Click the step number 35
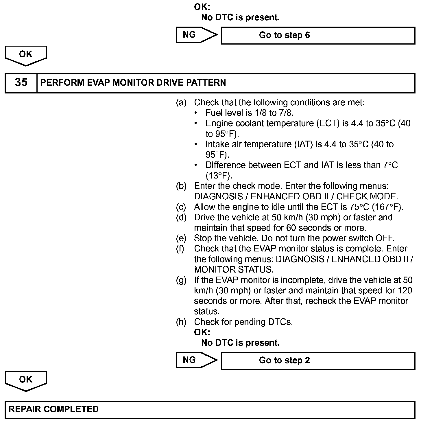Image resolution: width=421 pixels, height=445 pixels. (x=21, y=83)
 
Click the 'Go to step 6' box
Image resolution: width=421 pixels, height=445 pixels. (x=318, y=35)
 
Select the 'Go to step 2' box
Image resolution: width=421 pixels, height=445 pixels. (x=318, y=361)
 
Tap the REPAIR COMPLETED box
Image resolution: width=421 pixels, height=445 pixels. (x=210, y=409)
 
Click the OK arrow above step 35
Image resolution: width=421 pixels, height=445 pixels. (x=26, y=55)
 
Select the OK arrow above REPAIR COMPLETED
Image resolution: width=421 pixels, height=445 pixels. (x=26, y=380)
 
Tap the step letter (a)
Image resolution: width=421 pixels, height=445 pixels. (x=181, y=102)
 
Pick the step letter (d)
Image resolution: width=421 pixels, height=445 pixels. (x=181, y=217)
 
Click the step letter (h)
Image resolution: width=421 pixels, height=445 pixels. (x=181, y=322)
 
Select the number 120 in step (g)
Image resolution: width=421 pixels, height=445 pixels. (x=405, y=290)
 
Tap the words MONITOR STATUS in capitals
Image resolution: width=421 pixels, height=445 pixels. (x=233, y=270)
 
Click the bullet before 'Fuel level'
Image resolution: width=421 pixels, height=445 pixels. (x=196, y=113)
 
